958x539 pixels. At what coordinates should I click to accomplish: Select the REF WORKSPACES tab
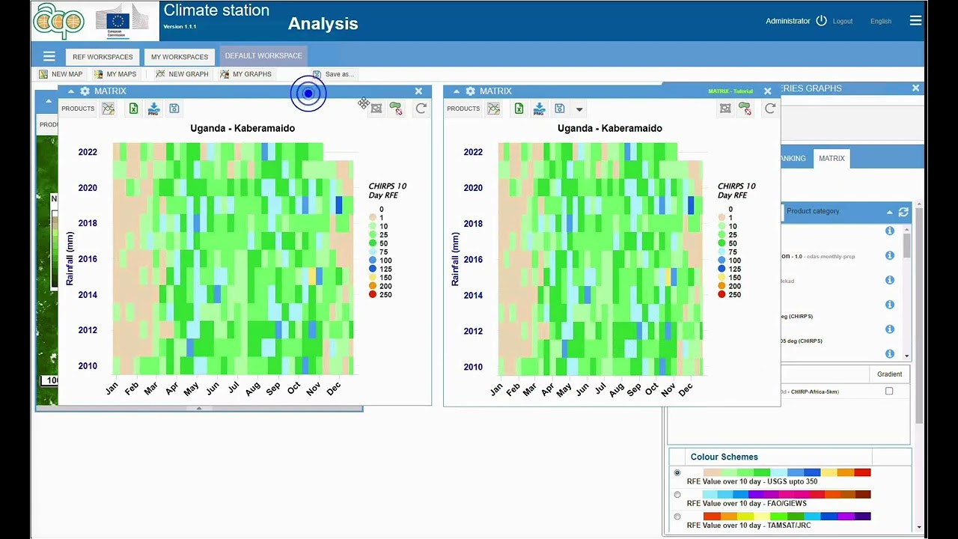[103, 57]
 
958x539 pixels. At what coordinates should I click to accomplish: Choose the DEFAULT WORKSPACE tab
[263, 55]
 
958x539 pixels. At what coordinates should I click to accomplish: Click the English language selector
[880, 21]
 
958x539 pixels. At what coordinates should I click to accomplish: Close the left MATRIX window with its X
[418, 91]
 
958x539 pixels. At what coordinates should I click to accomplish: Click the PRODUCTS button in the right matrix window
[463, 109]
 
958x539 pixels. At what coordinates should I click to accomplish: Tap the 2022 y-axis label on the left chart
[88, 152]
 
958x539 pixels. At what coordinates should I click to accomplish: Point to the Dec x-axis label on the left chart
[333, 388]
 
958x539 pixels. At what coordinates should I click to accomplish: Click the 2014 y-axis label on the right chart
[472, 295]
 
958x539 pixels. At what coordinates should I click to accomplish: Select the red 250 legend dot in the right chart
[722, 295]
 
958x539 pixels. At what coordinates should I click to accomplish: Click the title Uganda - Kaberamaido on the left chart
[242, 128]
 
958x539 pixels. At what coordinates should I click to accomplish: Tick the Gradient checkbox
[889, 391]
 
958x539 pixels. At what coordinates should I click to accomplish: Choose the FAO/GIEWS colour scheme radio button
[677, 495]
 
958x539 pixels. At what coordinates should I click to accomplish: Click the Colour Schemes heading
[724, 457]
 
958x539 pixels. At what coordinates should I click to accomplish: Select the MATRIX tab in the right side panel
[831, 159]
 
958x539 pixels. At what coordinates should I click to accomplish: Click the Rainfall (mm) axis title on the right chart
[454, 259]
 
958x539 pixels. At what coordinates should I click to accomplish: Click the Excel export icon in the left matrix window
[133, 109]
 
